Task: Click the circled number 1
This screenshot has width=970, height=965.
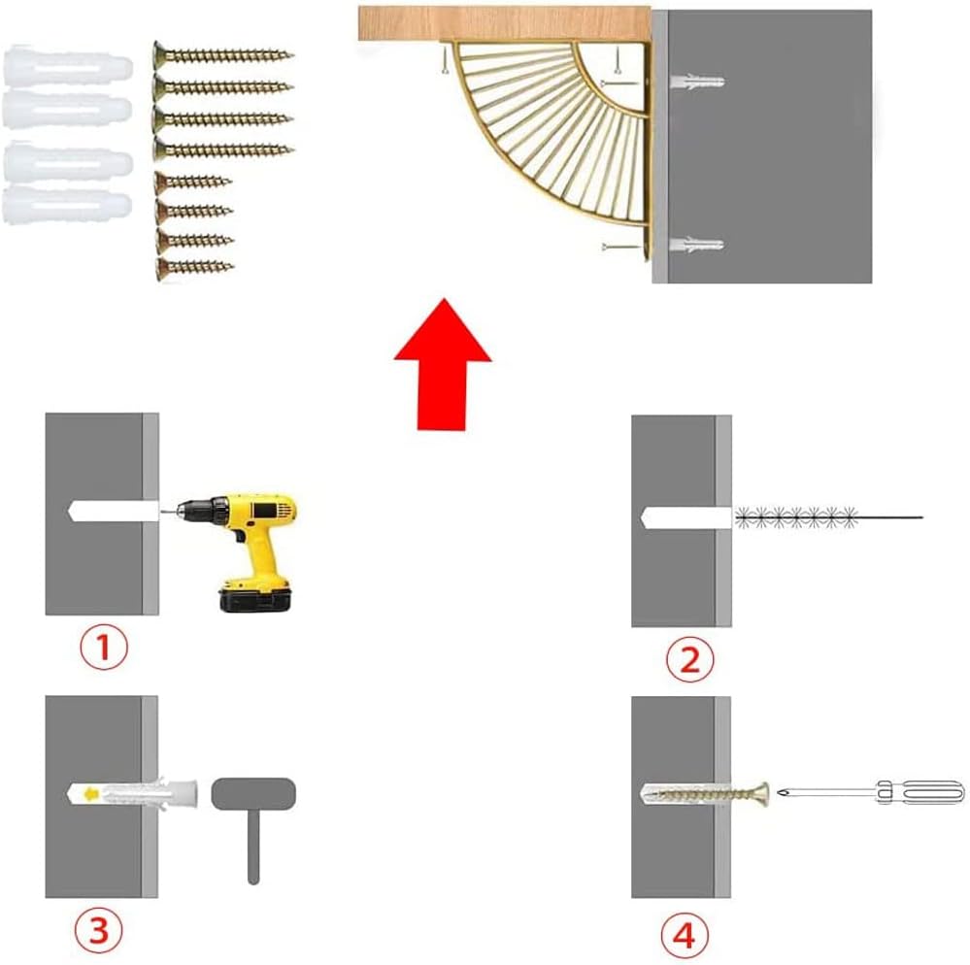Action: click(x=104, y=648)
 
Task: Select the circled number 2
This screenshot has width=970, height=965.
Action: click(x=689, y=659)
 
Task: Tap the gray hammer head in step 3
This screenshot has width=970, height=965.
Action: click(x=253, y=794)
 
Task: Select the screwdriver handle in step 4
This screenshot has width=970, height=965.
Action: click(x=920, y=792)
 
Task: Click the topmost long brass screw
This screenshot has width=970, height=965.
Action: click(x=223, y=55)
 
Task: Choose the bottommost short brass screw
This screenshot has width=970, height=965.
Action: click(x=194, y=267)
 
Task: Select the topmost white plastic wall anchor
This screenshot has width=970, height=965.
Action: click(x=68, y=66)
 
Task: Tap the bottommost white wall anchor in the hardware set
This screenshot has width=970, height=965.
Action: click(x=67, y=206)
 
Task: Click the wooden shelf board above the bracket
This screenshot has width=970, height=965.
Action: click(x=504, y=23)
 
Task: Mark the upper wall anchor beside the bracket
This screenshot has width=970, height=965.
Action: click(x=697, y=82)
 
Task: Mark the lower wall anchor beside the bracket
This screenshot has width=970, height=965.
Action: click(x=697, y=245)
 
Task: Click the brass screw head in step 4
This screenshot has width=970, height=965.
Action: click(x=760, y=794)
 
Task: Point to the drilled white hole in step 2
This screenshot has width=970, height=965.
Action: click(x=686, y=517)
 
